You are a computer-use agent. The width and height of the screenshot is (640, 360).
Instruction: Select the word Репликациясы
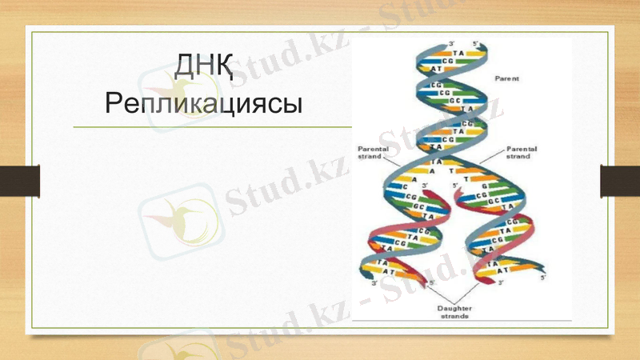click(203, 103)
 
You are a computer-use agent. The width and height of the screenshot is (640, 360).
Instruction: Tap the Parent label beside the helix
click(506, 78)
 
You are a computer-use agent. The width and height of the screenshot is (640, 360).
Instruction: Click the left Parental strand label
click(373, 152)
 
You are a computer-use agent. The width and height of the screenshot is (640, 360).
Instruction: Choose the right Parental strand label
click(522, 152)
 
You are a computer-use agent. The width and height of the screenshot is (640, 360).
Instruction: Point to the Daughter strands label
click(454, 312)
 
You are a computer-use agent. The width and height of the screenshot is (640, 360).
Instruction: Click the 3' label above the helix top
click(451, 42)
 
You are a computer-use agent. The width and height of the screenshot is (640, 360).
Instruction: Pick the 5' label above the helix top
click(475, 42)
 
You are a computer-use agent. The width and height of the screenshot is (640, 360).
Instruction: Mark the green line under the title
click(212, 126)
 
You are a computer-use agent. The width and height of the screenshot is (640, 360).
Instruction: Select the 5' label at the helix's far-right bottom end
click(542, 277)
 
